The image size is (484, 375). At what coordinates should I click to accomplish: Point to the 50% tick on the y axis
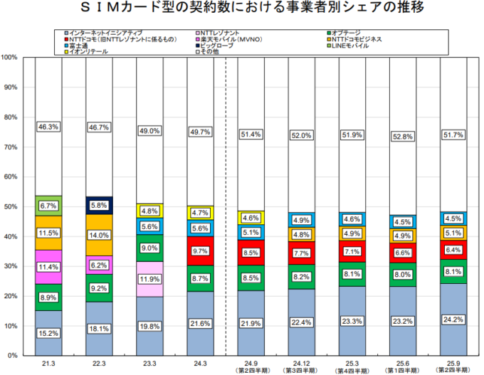(11, 206)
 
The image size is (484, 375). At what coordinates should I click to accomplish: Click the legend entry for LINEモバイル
(349, 45)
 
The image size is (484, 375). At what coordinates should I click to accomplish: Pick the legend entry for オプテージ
(349, 33)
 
